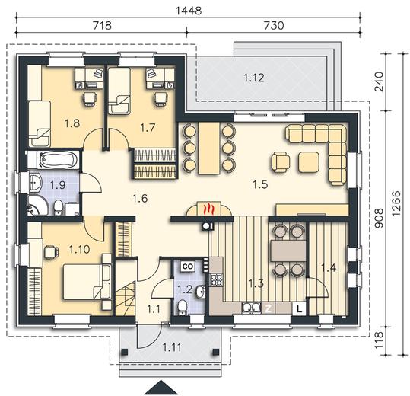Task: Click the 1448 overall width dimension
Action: pos(189,11)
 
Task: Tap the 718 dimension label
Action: pos(102,26)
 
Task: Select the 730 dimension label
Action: pos(274,26)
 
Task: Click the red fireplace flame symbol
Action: pos(209,209)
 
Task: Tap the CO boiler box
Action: pos(188,267)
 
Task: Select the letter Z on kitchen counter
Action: pos(269,309)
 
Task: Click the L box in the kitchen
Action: pos(300,309)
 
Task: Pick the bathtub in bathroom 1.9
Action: pos(58,159)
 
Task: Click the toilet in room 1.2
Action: pos(182,307)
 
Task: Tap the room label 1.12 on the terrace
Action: pos(254,78)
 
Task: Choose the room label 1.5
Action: pos(260,184)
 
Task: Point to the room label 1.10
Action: pos(79,250)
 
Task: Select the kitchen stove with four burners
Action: pos(217,279)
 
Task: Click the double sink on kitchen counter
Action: pos(251,308)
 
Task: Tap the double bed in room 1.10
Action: pos(86,282)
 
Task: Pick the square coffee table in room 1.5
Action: pos(309,162)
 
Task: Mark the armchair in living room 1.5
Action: pos(281,162)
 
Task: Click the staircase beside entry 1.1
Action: pos(125,298)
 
